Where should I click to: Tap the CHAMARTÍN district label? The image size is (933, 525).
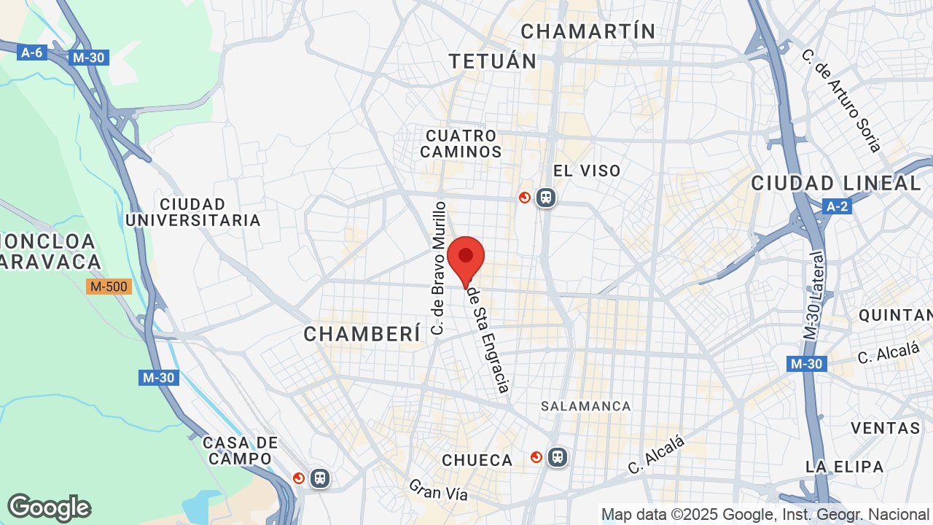click(588, 31)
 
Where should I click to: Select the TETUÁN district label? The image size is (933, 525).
click(493, 61)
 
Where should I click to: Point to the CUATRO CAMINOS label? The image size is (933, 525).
click(461, 144)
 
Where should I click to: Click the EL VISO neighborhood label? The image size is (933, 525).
click(587, 171)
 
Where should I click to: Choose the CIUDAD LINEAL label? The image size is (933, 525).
click(836, 183)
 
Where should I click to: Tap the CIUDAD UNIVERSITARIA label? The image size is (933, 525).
click(193, 212)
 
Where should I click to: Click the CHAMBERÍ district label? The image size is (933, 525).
click(362, 334)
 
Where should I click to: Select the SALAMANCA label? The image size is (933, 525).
click(586, 406)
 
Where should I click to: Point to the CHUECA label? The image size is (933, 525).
click(477, 460)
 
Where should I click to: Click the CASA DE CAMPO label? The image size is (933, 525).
click(241, 451)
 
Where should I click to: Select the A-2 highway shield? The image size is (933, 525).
click(837, 206)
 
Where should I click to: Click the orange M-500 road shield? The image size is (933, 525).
click(109, 287)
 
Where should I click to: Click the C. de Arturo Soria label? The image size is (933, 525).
click(841, 100)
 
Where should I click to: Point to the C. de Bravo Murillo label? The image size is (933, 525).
click(438, 268)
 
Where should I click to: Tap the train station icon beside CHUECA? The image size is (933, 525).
click(558, 457)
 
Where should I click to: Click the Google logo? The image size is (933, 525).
click(49, 507)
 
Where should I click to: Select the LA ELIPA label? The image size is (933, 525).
click(844, 467)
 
